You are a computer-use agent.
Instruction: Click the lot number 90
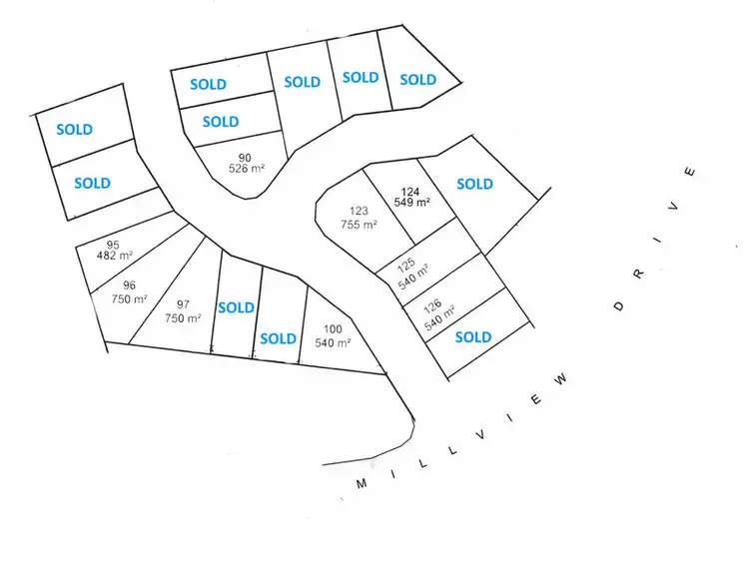[245, 157]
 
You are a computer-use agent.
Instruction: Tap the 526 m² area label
[245, 169]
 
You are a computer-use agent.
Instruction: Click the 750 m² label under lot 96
[129, 297]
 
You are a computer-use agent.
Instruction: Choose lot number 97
[183, 304]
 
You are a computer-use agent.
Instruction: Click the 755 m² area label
[359, 225]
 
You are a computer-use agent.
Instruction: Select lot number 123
[359, 211]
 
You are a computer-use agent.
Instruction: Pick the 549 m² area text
[411, 203]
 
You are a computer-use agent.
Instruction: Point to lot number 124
[411, 191]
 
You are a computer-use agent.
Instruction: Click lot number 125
[406, 264]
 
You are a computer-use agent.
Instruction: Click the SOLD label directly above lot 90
[221, 122]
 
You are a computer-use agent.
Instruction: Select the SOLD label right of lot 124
[474, 184]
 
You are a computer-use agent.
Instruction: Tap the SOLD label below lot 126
[473, 337]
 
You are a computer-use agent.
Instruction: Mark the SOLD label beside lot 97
[237, 307]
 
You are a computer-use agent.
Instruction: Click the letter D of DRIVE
[619, 305]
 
